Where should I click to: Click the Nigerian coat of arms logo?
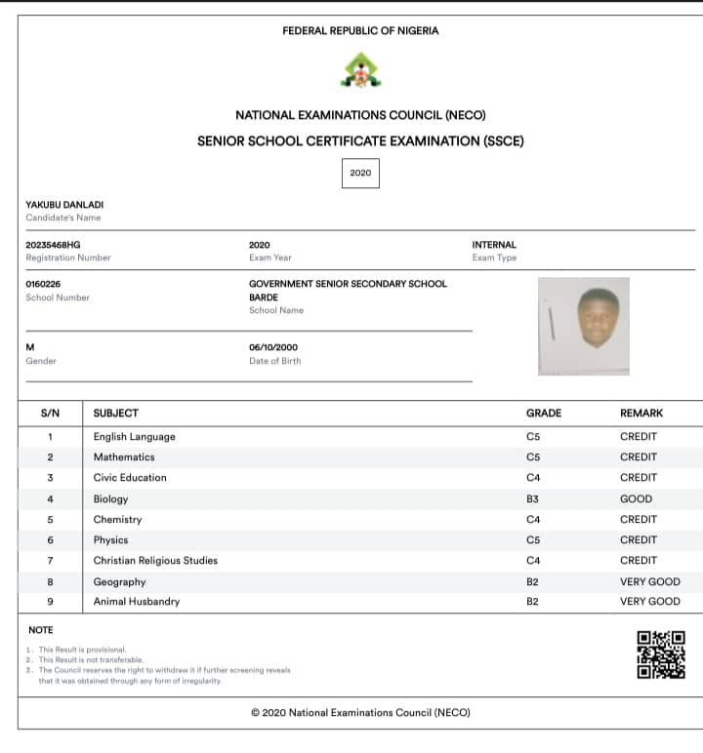tap(360, 70)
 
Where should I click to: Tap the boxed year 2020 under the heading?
tap(360, 173)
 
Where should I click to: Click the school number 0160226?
tap(43, 284)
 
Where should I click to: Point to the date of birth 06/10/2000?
tap(273, 347)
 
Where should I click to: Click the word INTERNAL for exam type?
tap(494, 245)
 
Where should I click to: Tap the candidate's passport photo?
tap(584, 326)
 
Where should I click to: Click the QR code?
tap(660, 654)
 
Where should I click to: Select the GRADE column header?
tap(544, 414)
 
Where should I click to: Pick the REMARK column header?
tap(641, 414)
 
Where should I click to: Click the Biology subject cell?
tap(110, 498)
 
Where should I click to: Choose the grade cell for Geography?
tap(533, 581)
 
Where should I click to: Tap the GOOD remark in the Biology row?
tap(636, 498)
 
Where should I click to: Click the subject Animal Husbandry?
tap(137, 602)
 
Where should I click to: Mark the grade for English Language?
tap(533, 437)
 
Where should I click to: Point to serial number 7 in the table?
tap(50, 561)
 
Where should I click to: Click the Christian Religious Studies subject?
tap(155, 561)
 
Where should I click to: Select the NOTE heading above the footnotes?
tap(41, 630)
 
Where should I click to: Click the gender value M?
tap(29, 347)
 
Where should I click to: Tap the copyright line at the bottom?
tap(360, 713)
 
